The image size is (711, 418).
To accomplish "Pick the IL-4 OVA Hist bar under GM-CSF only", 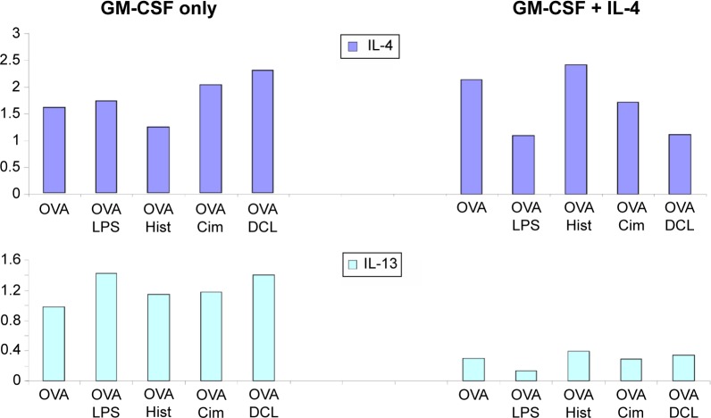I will coord(159,161).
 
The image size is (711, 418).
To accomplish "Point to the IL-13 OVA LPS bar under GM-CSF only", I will coord(105,327).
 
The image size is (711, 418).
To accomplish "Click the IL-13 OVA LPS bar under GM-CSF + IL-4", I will coord(526,376).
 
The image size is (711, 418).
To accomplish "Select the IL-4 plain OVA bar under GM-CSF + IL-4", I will coord(473,137).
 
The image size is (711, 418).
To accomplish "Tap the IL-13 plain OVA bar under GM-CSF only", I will coord(53,344).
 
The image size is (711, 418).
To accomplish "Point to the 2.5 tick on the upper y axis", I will coord(11,60).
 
